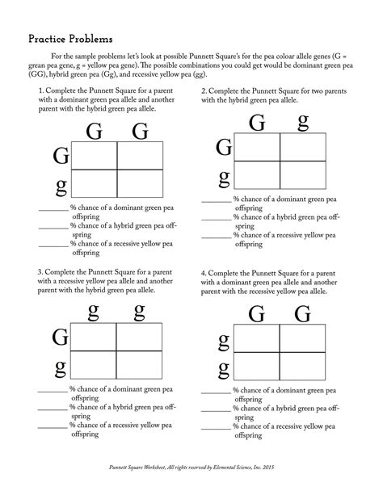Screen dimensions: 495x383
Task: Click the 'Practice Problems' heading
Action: (x=70, y=38)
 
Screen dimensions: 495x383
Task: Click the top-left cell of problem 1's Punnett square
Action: (x=95, y=155)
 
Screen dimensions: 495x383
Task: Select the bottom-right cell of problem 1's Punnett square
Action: (x=141, y=185)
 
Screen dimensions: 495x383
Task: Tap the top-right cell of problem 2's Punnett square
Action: (x=303, y=148)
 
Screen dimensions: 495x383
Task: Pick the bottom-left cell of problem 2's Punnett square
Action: (x=256, y=178)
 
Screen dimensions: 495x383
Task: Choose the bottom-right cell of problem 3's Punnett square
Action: (x=139, y=366)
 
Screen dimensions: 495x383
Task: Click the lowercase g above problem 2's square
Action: (x=303, y=122)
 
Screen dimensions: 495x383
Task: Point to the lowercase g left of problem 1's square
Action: (x=61, y=187)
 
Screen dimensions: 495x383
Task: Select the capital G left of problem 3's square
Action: (x=60, y=337)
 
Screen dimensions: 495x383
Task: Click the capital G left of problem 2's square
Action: (x=224, y=148)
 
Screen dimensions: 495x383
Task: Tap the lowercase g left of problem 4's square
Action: (x=223, y=371)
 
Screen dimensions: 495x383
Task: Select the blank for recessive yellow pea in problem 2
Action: (x=216, y=237)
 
